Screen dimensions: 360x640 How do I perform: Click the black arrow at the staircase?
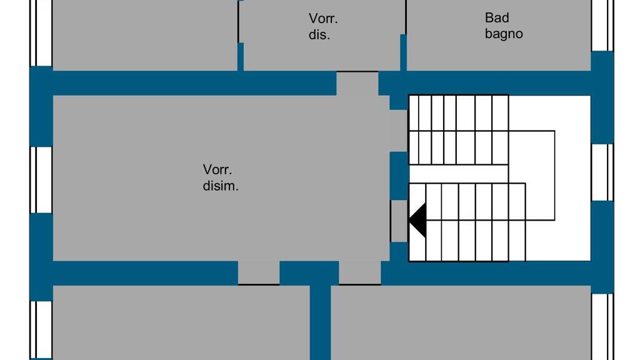(417, 220)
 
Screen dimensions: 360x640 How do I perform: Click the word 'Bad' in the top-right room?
(497, 17)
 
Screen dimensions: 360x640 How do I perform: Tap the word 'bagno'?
(504, 34)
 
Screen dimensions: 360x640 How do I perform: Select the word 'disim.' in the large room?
(221, 186)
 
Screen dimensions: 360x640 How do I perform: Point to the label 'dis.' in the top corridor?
(319, 35)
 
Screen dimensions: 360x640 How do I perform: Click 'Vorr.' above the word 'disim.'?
(217, 169)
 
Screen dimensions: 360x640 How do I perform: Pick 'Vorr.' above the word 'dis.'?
(323, 19)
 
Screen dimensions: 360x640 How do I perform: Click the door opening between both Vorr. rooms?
(357, 83)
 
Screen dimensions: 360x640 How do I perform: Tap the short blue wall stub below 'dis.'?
(240, 56)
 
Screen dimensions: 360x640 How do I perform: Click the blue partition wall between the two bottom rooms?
(320, 322)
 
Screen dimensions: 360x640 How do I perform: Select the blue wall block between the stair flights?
(399, 175)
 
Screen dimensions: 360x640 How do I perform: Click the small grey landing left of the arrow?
(399, 220)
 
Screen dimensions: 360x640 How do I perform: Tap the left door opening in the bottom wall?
(258, 272)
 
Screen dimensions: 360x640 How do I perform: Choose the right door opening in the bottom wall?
(359, 272)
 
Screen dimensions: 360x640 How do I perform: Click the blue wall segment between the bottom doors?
(309, 272)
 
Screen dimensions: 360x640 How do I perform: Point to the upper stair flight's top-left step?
(414, 112)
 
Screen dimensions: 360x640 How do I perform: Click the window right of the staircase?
(602, 172)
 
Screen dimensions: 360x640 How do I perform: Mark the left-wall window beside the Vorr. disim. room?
(41, 179)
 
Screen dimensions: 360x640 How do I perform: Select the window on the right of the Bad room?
(602, 25)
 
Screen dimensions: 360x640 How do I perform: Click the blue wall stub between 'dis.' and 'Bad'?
(403, 52)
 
